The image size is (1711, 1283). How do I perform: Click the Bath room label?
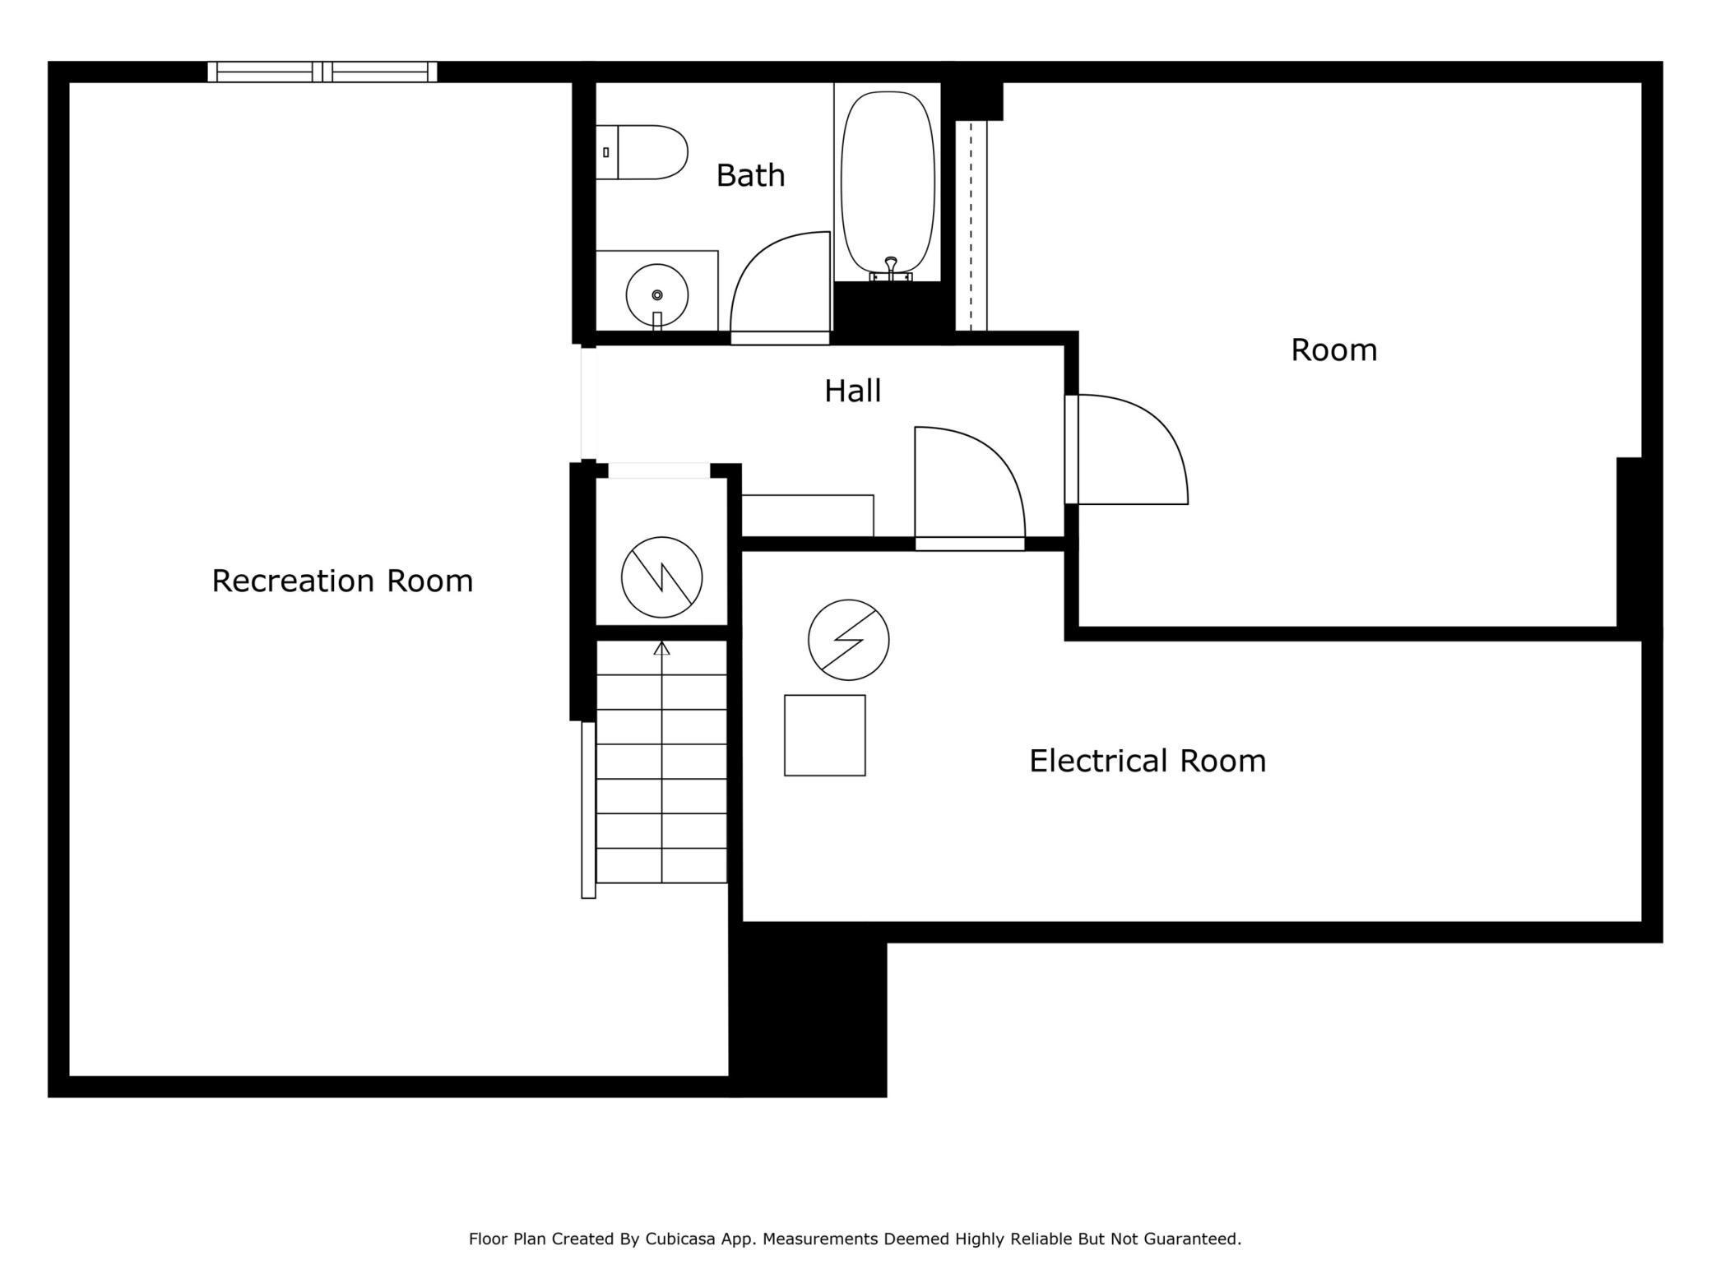click(750, 175)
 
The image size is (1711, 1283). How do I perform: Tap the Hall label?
click(852, 391)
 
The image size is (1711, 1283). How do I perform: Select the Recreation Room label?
click(342, 581)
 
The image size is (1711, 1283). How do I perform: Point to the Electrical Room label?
click(1148, 761)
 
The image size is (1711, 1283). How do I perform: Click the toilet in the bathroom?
click(642, 152)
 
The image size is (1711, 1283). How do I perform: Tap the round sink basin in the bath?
click(657, 294)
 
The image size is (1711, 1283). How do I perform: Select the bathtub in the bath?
click(888, 182)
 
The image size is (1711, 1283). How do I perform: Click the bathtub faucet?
click(891, 270)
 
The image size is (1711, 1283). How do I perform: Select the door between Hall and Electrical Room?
click(971, 485)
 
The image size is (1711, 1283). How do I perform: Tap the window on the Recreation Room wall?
click(322, 72)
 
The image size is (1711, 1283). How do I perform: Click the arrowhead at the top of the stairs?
click(661, 648)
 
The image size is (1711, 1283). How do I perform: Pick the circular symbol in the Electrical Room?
click(849, 640)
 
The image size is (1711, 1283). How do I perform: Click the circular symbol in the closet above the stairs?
click(662, 577)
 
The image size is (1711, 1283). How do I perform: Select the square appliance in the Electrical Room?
click(825, 735)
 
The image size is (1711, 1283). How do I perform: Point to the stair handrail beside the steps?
click(588, 809)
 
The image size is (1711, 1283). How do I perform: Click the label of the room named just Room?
click(1333, 350)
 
